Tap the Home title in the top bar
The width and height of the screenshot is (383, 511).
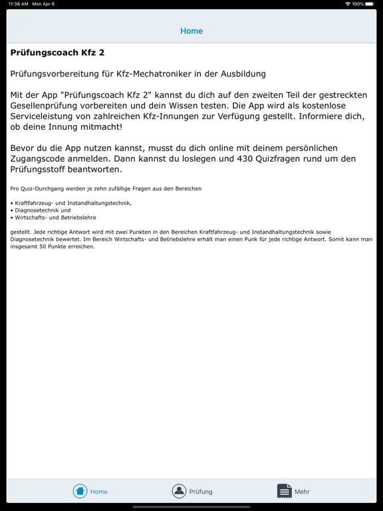[191, 31]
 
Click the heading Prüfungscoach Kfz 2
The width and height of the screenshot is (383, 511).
[57, 53]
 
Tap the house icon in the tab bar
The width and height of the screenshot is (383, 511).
[80, 491]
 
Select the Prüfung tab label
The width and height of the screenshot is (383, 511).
[201, 492]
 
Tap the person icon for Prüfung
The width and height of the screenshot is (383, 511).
[179, 491]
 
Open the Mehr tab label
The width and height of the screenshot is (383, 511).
[302, 492]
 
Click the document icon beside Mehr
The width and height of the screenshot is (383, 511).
[284, 491]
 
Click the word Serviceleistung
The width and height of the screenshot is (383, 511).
[45, 116]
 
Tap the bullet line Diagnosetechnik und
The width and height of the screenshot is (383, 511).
[43, 210]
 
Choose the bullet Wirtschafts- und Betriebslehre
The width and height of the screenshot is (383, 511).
[55, 218]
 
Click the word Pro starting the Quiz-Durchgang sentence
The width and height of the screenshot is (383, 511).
[15, 189]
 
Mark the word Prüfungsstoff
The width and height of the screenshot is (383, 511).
[41, 170]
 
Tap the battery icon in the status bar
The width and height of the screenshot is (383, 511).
[370, 4]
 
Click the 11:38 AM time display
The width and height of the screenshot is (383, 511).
[18, 4]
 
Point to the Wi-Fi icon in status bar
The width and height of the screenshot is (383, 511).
[347, 4]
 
